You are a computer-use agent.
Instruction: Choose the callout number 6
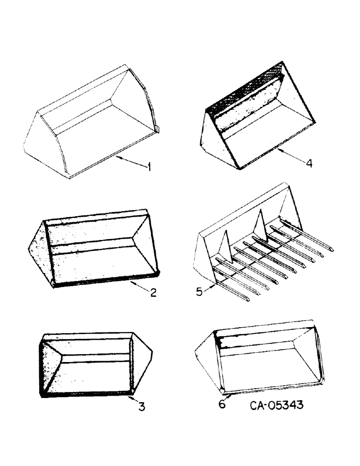coord(222,404)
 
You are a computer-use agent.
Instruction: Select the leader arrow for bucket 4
coord(290,156)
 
